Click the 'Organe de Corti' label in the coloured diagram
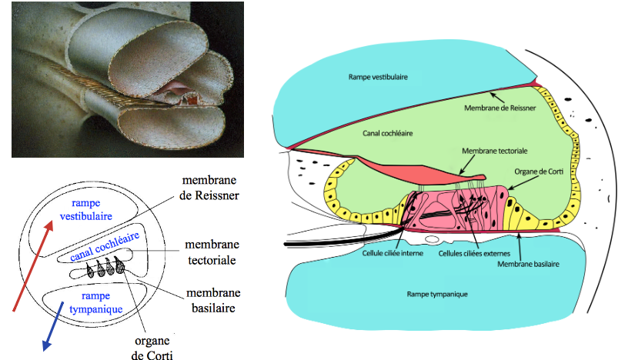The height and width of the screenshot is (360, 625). tap(537, 172)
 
